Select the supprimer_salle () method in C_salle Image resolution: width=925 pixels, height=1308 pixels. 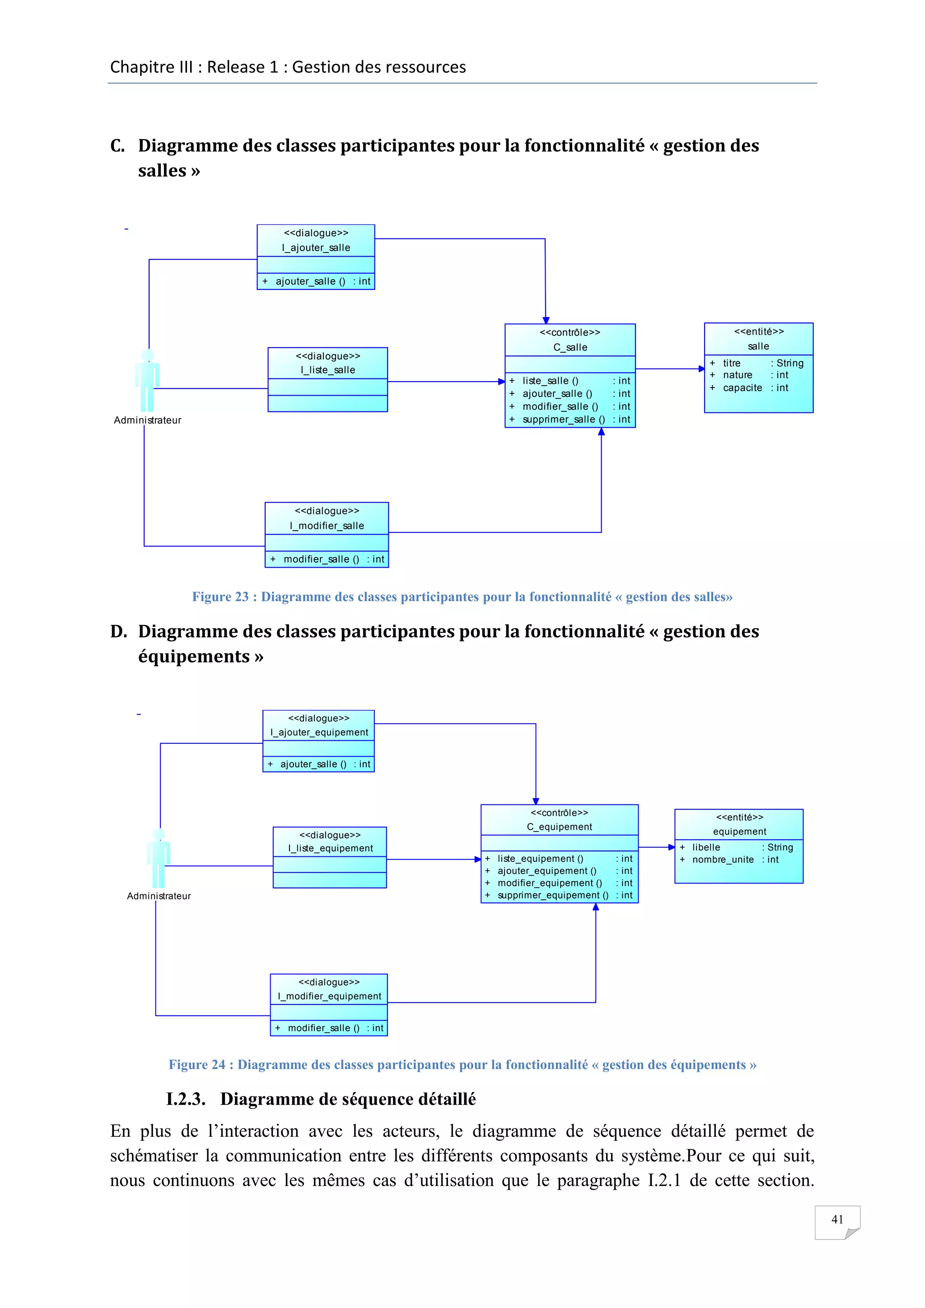tap(563, 419)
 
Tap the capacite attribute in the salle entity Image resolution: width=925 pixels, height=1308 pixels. tap(742, 388)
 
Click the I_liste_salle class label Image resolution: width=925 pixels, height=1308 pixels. tap(327, 370)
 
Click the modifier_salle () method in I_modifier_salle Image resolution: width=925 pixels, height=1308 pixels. tap(321, 560)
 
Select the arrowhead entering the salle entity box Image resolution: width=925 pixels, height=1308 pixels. tap(702, 369)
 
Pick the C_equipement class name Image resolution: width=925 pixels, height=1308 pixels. tap(559, 827)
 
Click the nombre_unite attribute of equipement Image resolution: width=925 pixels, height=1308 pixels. tap(723, 860)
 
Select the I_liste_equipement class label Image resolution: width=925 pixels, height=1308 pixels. tap(330, 848)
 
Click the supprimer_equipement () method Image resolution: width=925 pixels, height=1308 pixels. tap(552, 895)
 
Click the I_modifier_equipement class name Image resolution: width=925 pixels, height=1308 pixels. tap(329, 996)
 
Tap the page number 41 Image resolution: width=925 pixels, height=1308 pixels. tap(837, 1219)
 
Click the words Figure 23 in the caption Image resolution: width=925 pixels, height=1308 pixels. tap(220, 597)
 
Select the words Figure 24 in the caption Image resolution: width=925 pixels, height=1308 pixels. tap(197, 1065)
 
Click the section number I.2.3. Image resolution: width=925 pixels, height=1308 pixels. tap(186, 1099)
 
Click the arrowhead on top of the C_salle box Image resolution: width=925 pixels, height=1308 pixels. tap(546, 320)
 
